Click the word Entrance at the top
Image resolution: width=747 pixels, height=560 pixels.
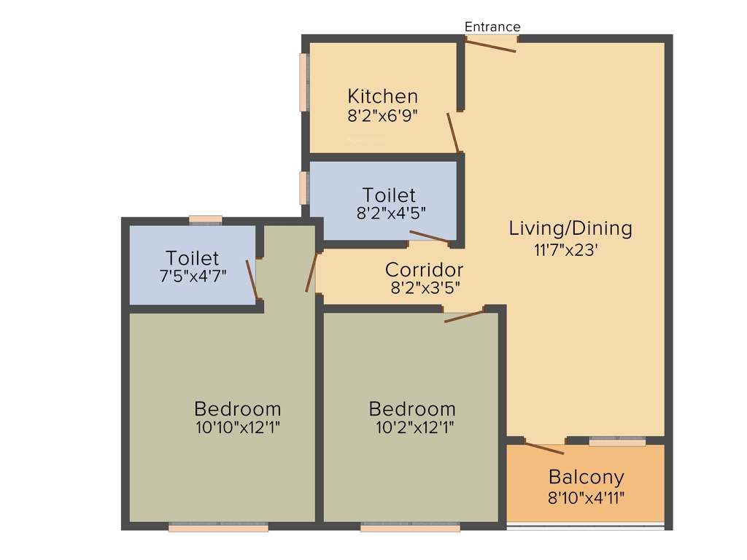[492, 27]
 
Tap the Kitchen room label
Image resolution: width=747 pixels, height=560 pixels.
[382, 96]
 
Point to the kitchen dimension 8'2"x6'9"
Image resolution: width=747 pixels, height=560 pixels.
[382, 115]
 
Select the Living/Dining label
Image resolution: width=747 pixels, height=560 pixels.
[570, 228]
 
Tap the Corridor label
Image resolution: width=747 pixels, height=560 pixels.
[424, 270]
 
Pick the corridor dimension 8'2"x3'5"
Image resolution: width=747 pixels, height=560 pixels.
[424, 287]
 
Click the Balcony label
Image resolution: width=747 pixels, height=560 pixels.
[586, 478]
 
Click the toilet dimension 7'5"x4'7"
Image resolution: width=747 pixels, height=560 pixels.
[192, 276]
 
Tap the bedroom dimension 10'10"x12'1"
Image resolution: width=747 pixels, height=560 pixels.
[237, 427]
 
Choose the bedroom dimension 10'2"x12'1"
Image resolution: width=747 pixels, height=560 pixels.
[412, 427]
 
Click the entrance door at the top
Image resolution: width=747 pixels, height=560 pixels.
[491, 45]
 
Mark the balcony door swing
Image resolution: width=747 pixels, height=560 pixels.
[544, 448]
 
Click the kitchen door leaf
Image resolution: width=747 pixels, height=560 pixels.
[454, 132]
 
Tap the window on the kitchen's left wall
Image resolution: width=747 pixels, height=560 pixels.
[304, 82]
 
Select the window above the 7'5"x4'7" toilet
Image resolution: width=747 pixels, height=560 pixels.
[205, 219]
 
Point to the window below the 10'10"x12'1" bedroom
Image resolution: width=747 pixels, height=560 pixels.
[218, 527]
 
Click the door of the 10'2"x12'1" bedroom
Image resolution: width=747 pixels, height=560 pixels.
[464, 316]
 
